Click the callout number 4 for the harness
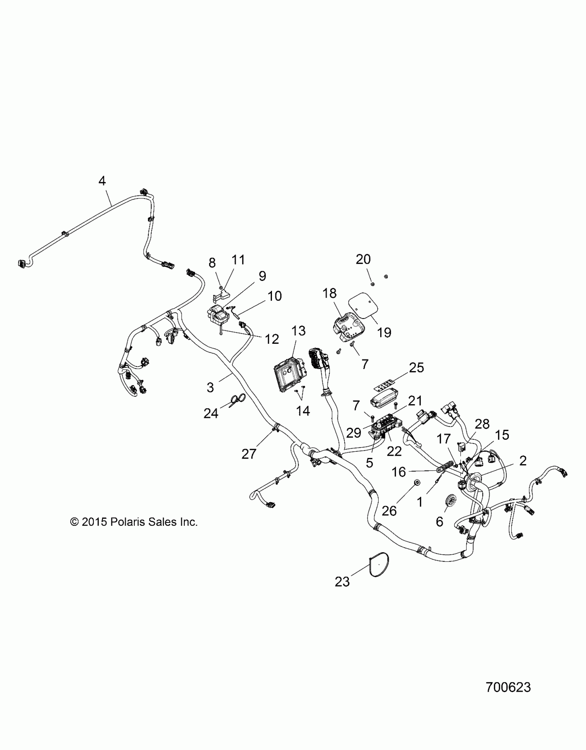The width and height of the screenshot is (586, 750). (102, 181)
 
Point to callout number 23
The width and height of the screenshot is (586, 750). (342, 582)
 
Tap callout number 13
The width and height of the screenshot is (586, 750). (299, 331)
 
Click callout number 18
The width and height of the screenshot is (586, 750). (330, 293)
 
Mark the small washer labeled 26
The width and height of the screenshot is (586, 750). (417, 482)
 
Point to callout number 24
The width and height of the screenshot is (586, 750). (211, 413)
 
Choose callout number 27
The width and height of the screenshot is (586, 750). (249, 454)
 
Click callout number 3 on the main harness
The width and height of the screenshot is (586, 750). (210, 387)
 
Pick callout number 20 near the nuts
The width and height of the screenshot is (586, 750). (363, 259)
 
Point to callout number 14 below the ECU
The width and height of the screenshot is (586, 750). (303, 411)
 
